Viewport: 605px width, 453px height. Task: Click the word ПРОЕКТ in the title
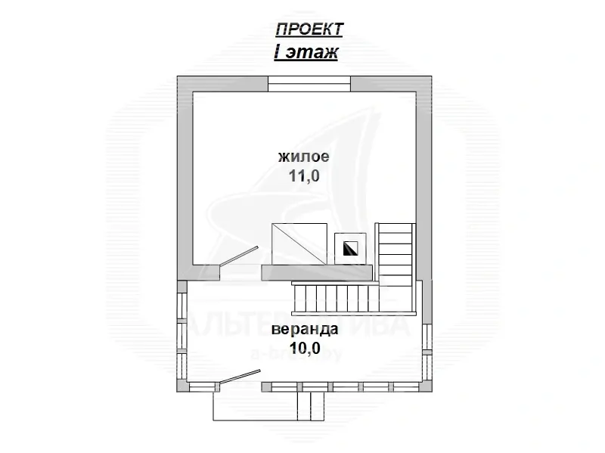click(309, 29)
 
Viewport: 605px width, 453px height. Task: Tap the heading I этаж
click(306, 53)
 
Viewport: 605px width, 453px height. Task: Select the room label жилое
click(303, 157)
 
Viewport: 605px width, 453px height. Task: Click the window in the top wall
click(309, 83)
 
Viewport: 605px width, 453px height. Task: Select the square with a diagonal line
click(299, 244)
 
